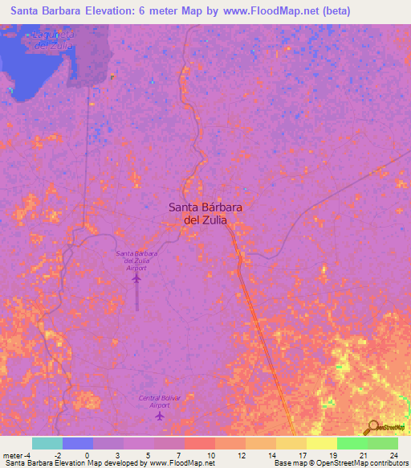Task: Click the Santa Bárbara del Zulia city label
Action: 205,212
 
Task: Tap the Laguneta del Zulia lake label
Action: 54,40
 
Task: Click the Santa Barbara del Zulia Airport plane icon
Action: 136,278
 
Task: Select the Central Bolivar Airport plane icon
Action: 160,416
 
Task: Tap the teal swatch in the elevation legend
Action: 47,443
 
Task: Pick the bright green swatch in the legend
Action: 352,443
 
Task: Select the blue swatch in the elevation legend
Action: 78,443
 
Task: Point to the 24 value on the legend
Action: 393,455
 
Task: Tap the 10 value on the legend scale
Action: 210,455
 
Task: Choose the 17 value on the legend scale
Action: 302,455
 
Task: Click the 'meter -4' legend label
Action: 18,455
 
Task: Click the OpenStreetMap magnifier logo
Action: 374,427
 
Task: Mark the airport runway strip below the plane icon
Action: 136,299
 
